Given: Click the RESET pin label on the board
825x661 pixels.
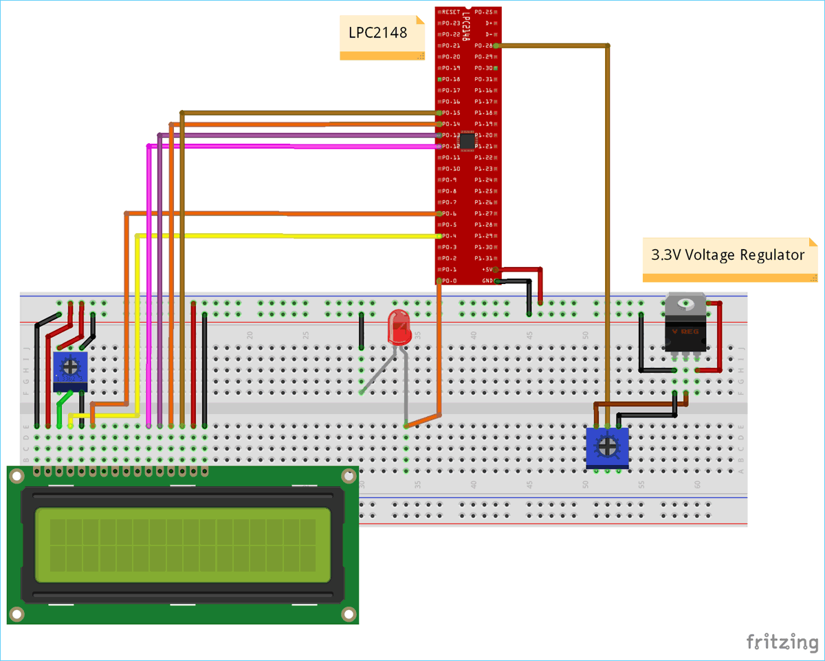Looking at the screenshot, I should tap(451, 12).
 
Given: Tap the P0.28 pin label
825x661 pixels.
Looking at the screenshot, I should tap(484, 45).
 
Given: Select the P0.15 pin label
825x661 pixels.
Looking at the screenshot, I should tap(451, 113).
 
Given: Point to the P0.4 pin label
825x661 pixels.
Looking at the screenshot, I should tap(450, 236).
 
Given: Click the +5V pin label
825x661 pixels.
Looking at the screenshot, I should tap(487, 270).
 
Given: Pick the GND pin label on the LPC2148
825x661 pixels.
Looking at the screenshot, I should tap(487, 281).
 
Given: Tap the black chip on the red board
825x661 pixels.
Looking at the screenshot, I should tap(467, 141).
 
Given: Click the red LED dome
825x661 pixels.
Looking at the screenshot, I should tap(399, 327).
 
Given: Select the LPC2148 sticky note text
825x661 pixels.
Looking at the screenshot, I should tap(378, 32).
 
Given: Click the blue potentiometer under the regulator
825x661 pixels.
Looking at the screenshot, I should tap(607, 447).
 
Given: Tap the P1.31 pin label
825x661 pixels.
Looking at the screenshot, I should tap(484, 259).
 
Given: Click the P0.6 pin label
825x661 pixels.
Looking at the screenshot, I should tap(450, 214).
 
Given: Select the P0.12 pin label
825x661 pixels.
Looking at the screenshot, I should tap(451, 147).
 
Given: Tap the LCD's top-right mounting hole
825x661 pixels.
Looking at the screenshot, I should tap(349, 475).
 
